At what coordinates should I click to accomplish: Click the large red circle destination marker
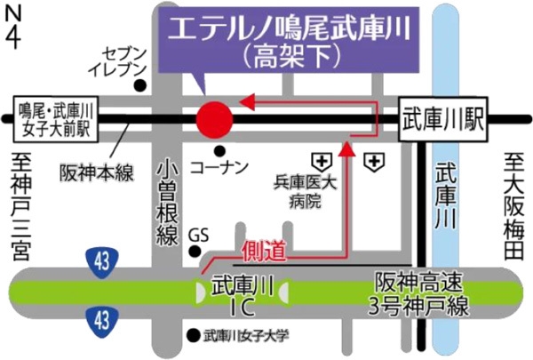[213, 120]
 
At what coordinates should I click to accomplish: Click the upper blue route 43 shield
[99, 260]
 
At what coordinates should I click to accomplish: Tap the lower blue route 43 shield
[99, 316]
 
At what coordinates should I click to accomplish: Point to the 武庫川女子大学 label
[246, 336]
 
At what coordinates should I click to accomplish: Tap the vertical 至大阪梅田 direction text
[513, 206]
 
